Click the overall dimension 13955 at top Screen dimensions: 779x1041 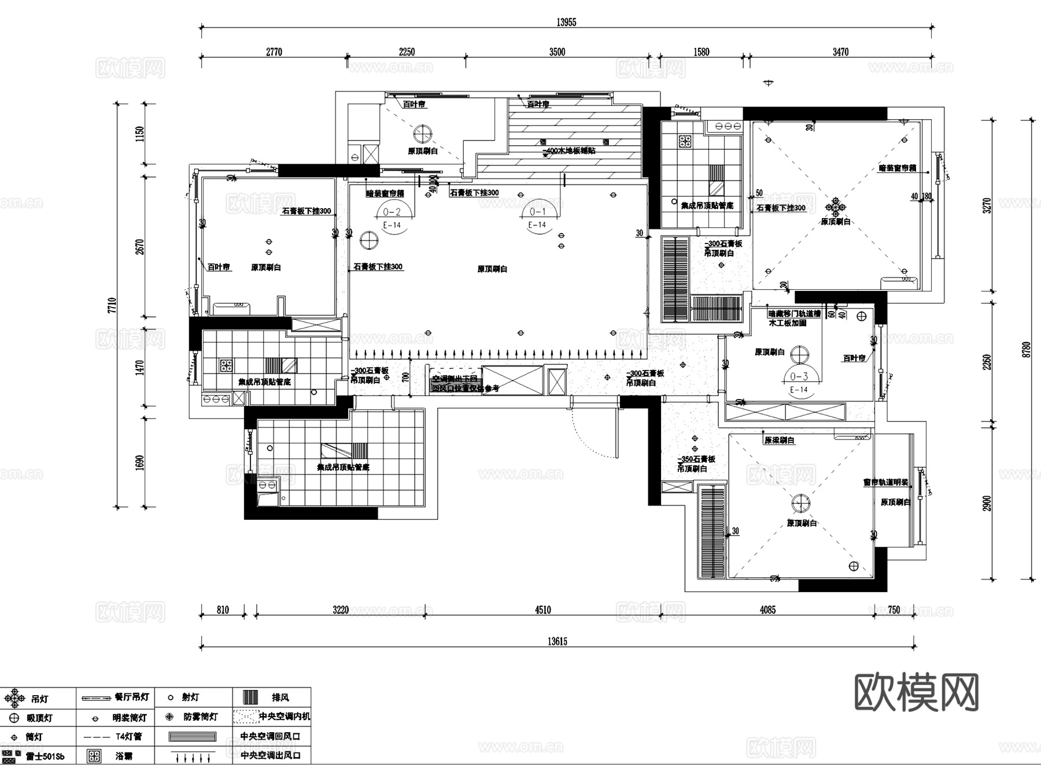(566, 23)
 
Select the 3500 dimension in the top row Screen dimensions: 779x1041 (557, 52)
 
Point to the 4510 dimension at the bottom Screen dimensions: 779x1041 (542, 610)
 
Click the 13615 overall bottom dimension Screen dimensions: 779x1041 (557, 641)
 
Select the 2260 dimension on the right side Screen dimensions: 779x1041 (987, 362)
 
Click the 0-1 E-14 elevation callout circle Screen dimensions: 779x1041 (537, 217)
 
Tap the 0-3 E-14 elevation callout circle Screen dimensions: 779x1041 (799, 382)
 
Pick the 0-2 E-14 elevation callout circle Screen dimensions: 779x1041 (392, 217)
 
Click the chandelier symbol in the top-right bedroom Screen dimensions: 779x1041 (835, 206)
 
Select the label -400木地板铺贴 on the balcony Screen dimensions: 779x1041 (569, 150)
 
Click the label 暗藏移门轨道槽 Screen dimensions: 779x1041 (794, 313)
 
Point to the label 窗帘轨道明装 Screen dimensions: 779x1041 (885, 482)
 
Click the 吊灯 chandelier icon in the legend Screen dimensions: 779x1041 (14, 698)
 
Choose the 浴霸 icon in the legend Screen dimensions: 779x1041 (94, 755)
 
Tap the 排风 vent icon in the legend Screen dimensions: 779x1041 (250, 697)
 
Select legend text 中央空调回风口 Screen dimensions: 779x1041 (270, 736)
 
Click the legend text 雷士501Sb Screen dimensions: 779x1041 (45, 756)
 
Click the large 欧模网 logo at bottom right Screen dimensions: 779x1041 (916, 692)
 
